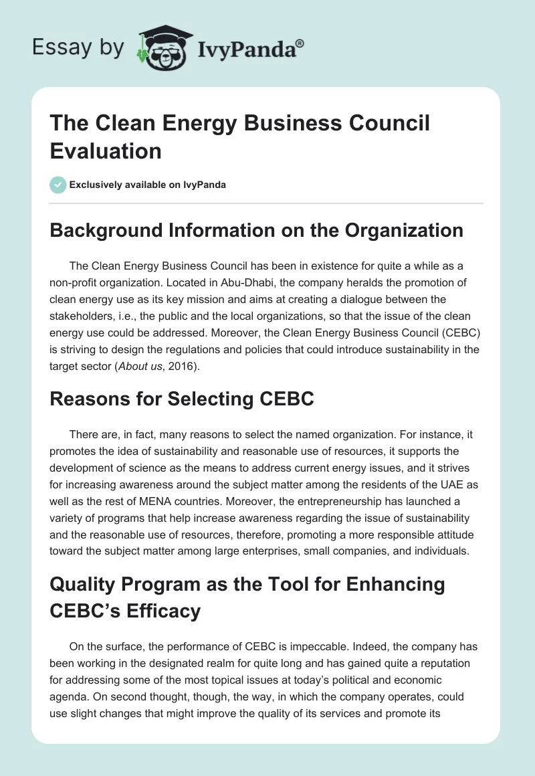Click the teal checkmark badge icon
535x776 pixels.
[58, 185]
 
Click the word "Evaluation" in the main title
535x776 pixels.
[106, 151]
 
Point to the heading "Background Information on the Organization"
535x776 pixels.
[257, 230]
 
